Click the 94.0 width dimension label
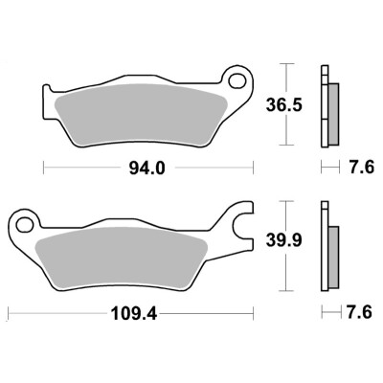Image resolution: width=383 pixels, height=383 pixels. (146, 169)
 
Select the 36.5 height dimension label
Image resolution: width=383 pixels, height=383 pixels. (284, 105)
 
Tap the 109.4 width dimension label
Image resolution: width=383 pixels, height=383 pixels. (134, 314)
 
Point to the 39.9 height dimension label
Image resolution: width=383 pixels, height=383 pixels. (284, 241)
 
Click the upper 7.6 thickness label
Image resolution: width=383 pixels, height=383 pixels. (361, 168)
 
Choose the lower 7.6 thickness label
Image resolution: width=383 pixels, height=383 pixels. (359, 312)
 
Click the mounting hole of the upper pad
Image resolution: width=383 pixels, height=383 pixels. (237, 80)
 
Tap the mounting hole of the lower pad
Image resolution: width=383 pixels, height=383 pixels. (24, 224)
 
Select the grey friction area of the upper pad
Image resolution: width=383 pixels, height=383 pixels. (141, 115)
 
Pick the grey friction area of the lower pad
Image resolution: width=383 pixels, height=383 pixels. (122, 258)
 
